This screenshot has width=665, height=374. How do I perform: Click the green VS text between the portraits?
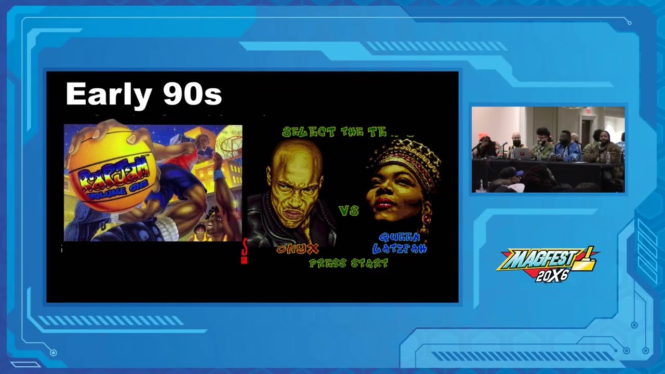pos(349,210)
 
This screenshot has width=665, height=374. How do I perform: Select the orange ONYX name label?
pos(298,249)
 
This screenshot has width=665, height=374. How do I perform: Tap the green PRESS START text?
pos(349,263)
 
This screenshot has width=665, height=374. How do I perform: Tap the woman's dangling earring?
pos(424,221)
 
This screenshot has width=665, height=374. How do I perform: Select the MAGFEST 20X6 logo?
pos(547,264)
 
